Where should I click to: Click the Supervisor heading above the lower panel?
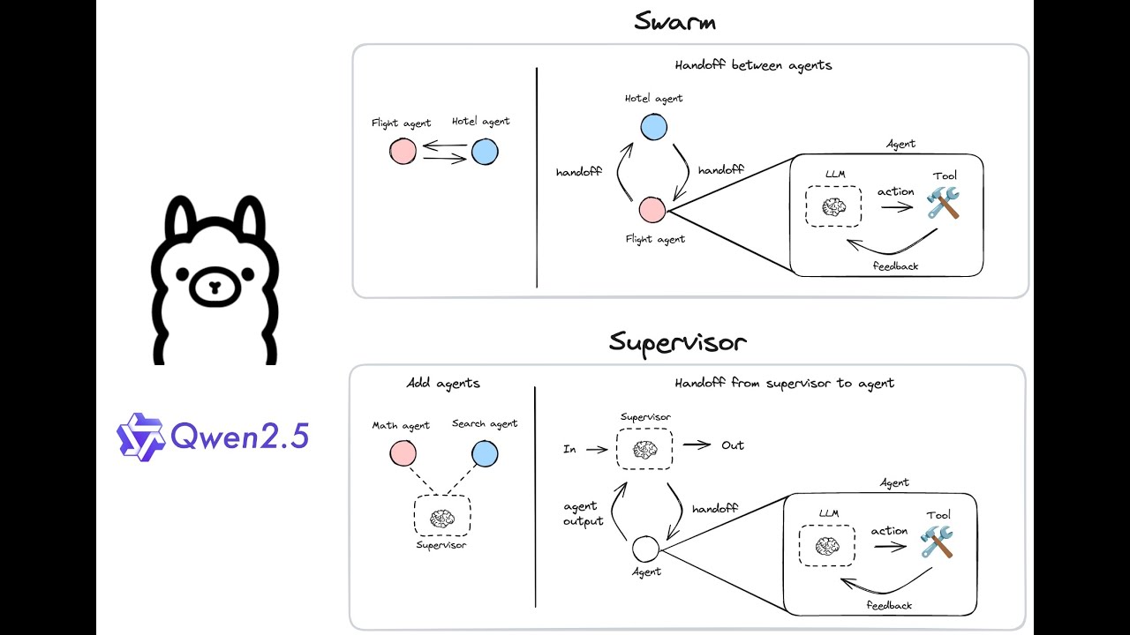[678, 342]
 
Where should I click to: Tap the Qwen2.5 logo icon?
[141, 436]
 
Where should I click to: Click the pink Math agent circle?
[403, 454]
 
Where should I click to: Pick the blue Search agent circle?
[485, 454]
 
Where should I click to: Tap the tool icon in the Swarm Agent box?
[943, 204]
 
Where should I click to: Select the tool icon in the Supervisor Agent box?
[937, 542]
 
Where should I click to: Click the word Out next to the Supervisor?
[733, 445]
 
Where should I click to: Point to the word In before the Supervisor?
[569, 450]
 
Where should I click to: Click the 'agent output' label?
[584, 513]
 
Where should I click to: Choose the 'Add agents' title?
[443, 384]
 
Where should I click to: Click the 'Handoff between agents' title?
[753, 65]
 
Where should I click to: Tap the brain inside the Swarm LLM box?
[833, 207]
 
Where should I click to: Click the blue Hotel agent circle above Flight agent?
[653, 127]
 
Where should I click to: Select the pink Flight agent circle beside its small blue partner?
[403, 152]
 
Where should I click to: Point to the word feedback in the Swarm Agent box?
[895, 265]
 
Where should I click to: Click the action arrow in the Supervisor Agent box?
[891, 547]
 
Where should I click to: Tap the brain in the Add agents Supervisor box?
[441, 519]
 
